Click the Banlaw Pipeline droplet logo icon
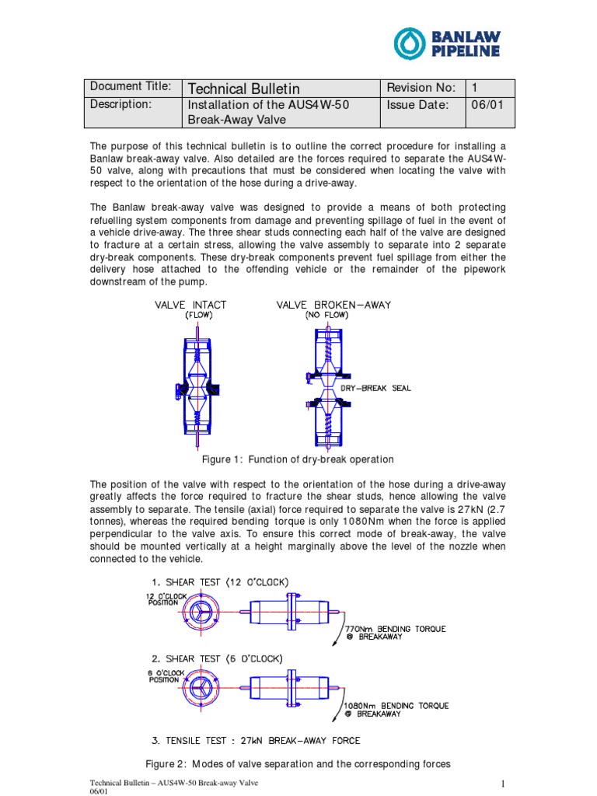click(x=410, y=43)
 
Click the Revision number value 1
click(x=475, y=87)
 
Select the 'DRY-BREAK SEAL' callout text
click(x=376, y=388)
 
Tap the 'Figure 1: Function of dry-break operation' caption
click(x=298, y=459)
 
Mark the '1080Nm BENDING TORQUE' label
click(x=396, y=706)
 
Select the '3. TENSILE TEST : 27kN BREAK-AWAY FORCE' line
click(x=253, y=740)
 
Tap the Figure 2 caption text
click(x=298, y=764)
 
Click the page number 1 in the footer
click(x=504, y=783)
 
